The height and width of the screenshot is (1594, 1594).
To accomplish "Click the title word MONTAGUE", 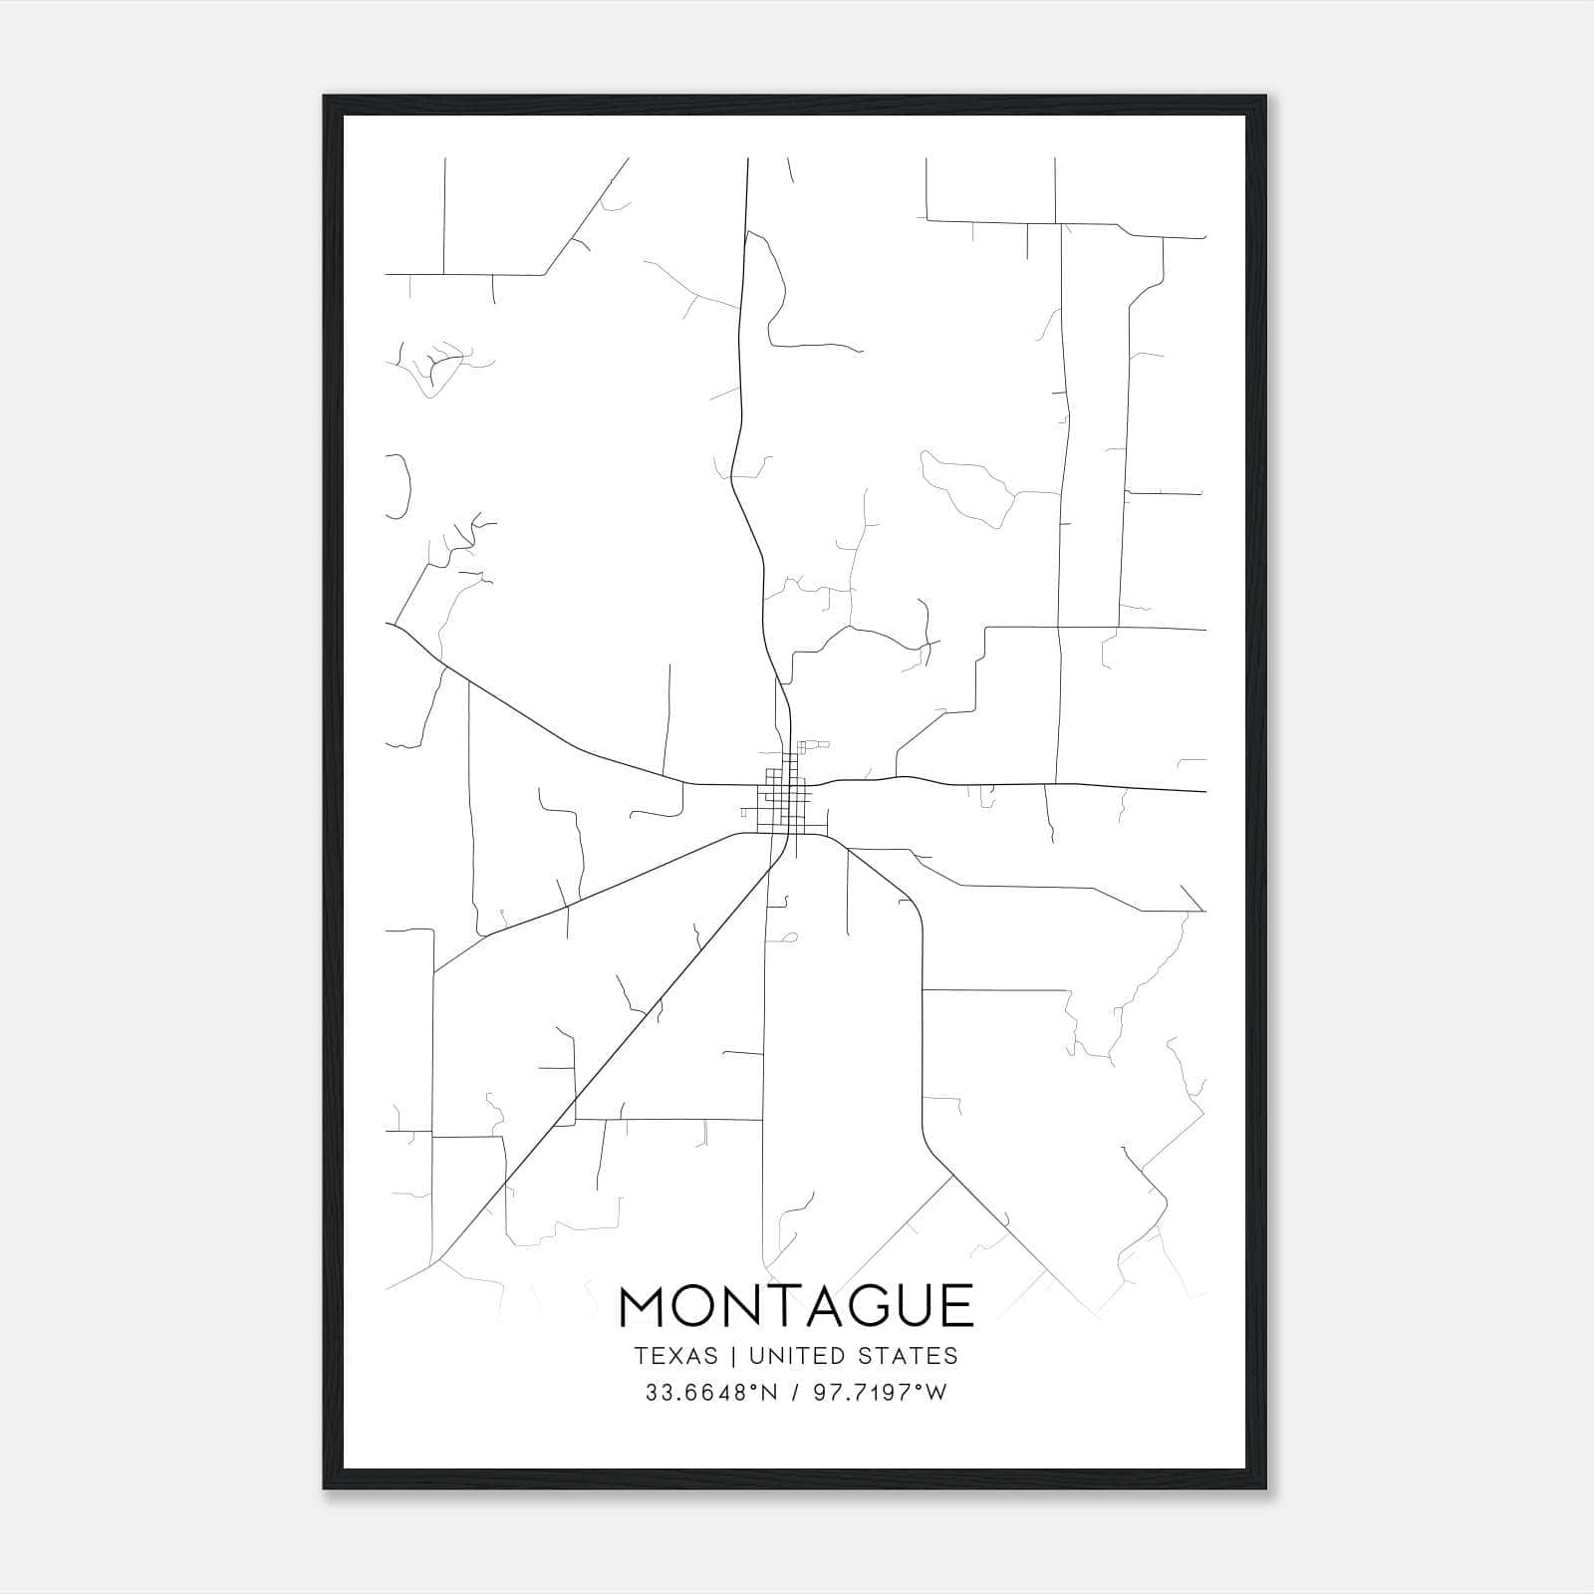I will pos(796,1306).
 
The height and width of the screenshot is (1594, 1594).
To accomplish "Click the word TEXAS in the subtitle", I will pos(675,1356).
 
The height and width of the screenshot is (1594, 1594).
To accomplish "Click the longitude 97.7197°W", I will pos(881,1393).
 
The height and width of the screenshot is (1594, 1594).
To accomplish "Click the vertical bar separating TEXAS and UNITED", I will pos(732,1356).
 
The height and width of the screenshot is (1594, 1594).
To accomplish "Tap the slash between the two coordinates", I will pos(792,1393).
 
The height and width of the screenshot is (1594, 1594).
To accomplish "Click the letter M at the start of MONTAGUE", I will pos(645,1306).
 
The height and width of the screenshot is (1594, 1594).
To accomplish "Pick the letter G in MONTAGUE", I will pos(859,1306).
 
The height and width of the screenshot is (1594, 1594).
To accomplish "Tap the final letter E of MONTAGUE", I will pos(956,1306).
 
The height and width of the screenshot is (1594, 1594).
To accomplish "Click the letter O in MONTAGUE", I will pos(703,1306).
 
